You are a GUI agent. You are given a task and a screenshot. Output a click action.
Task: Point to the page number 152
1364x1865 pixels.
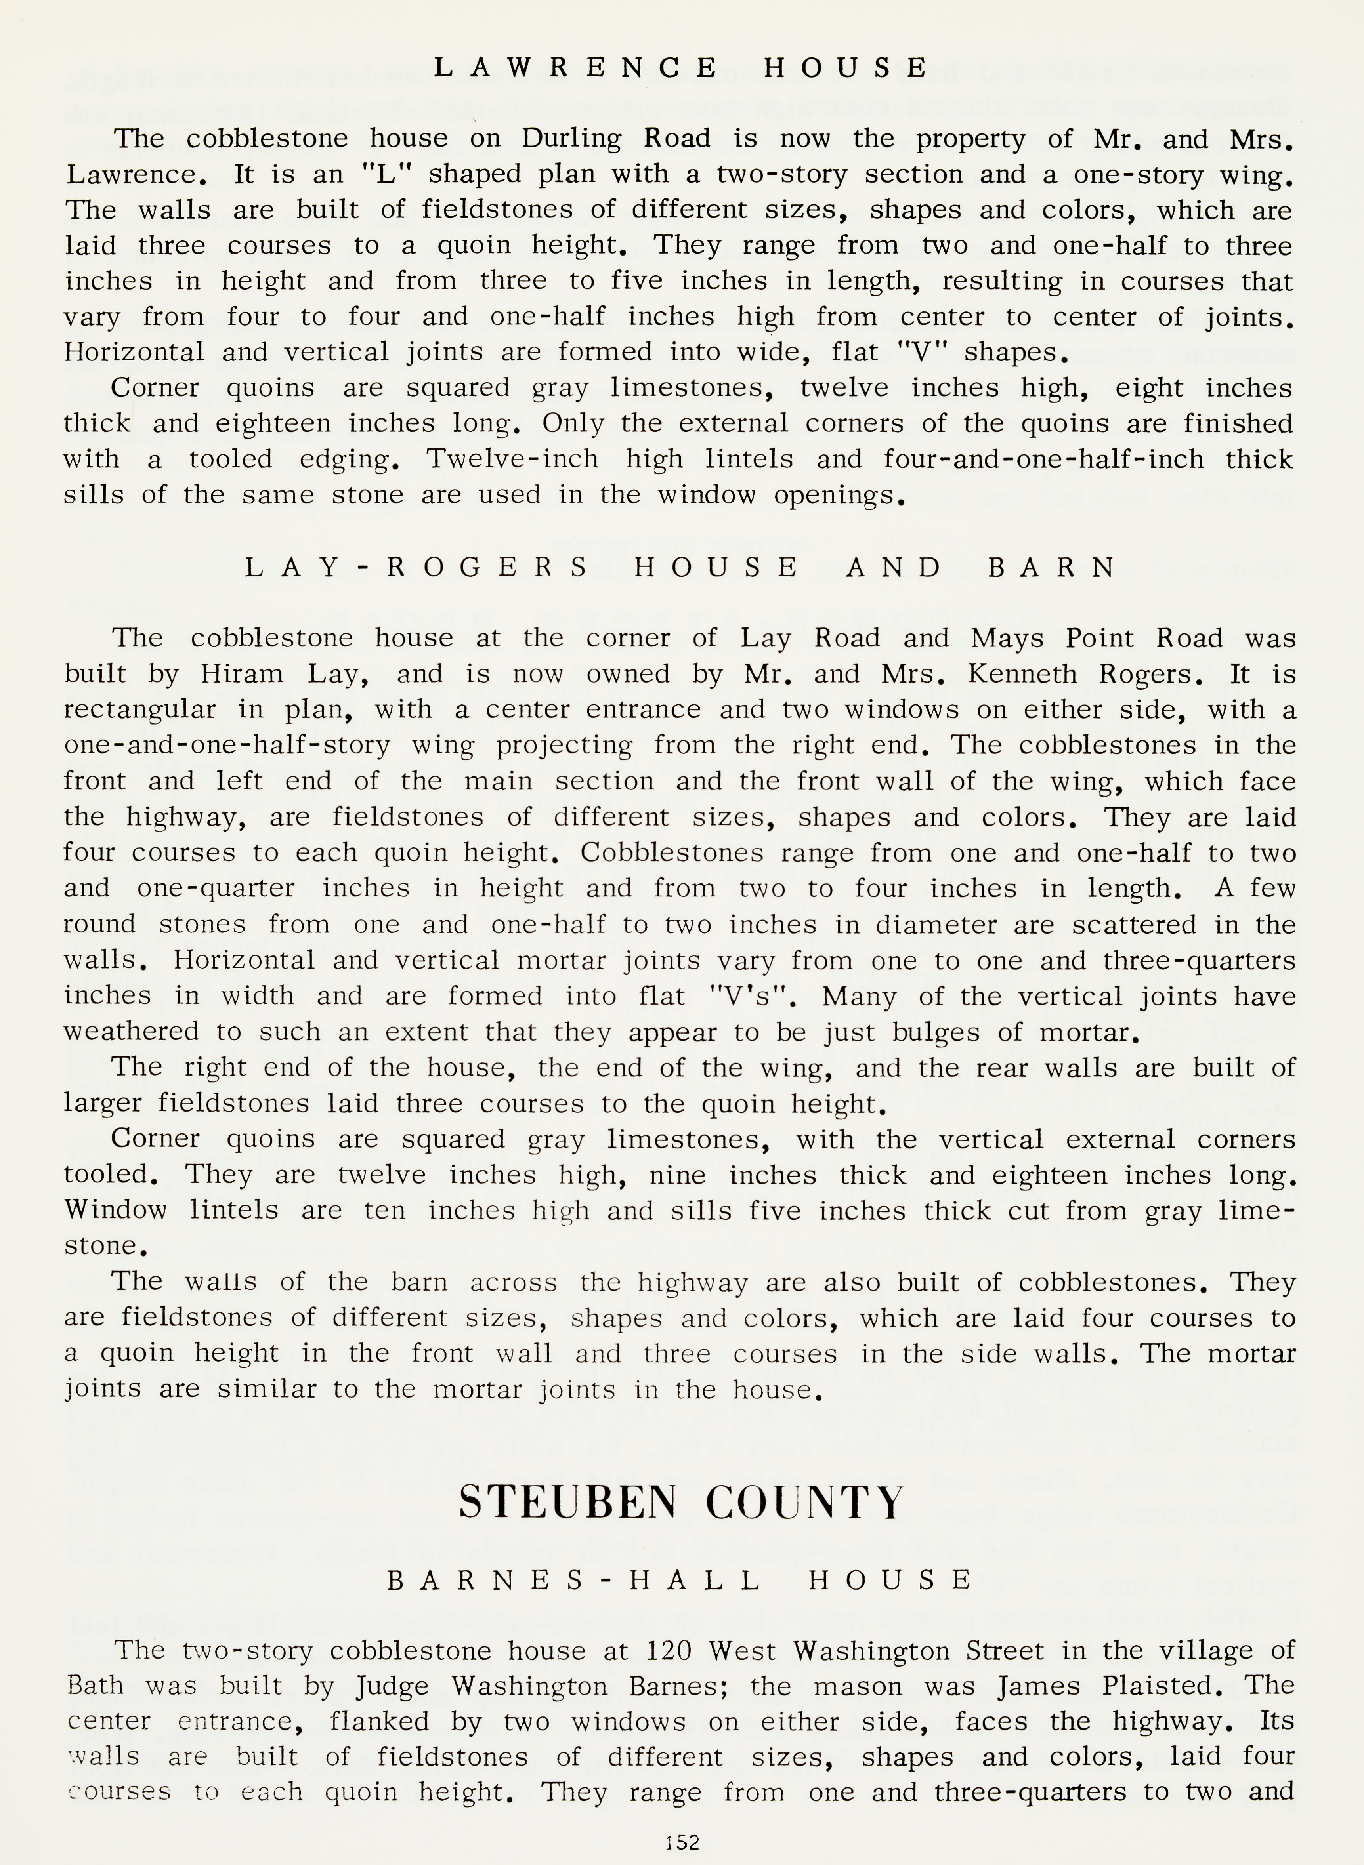coord(682,1842)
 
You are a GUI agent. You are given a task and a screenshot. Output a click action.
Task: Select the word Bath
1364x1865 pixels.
coord(95,1685)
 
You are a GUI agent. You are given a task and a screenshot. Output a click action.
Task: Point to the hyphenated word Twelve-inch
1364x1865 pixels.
coord(512,459)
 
